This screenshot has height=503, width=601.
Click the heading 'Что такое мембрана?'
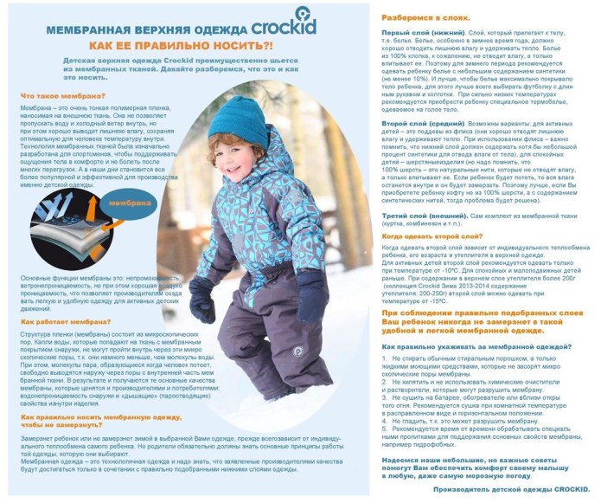55,95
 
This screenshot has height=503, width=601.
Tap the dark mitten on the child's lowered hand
201,300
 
